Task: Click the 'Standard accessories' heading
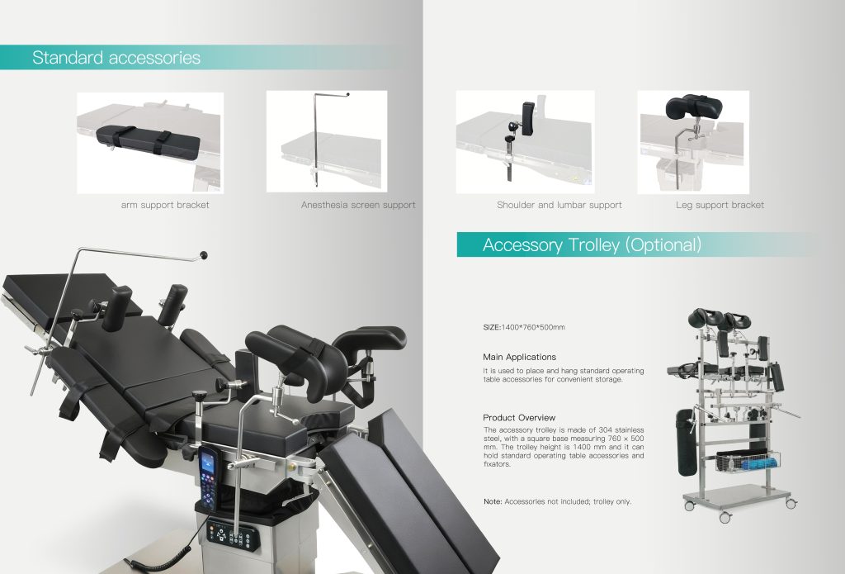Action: [116, 57]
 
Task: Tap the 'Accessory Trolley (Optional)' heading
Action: [592, 245]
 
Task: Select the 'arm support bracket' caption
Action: [165, 205]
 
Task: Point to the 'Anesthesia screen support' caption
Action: [358, 205]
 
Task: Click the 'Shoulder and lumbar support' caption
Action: [559, 205]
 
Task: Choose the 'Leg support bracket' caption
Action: [720, 205]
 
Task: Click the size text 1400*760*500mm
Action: [533, 327]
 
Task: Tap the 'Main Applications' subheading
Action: [520, 357]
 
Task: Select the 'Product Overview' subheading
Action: [519, 418]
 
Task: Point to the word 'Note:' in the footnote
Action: [493, 501]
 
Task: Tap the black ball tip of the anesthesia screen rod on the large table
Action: [204, 255]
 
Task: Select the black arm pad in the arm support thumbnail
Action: [149, 140]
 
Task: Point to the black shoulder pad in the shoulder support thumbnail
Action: [528, 119]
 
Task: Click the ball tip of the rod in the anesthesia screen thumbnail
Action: [347, 94]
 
